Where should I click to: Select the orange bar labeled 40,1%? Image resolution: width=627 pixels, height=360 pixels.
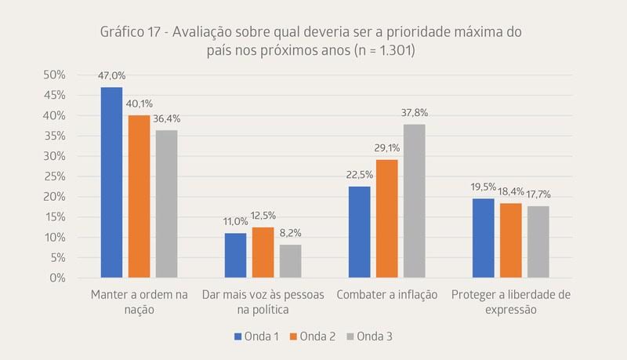pyautogui.click(x=139, y=196)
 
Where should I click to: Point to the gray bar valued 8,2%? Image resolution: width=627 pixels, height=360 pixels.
pyautogui.click(x=290, y=261)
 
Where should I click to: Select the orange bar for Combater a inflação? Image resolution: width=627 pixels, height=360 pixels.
pyautogui.click(x=386, y=219)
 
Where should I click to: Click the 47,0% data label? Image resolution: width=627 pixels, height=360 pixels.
pyautogui.click(x=111, y=76)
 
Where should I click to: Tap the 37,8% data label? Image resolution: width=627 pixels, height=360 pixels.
pyautogui.click(x=414, y=113)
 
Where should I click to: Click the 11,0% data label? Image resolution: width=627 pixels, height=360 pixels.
pyautogui.click(x=235, y=222)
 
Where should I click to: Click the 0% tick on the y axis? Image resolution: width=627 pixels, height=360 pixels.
pyautogui.click(x=56, y=278)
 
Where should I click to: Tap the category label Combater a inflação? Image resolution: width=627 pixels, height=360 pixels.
pyautogui.click(x=386, y=295)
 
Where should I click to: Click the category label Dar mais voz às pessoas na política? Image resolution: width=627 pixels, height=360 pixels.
pyautogui.click(x=263, y=302)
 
